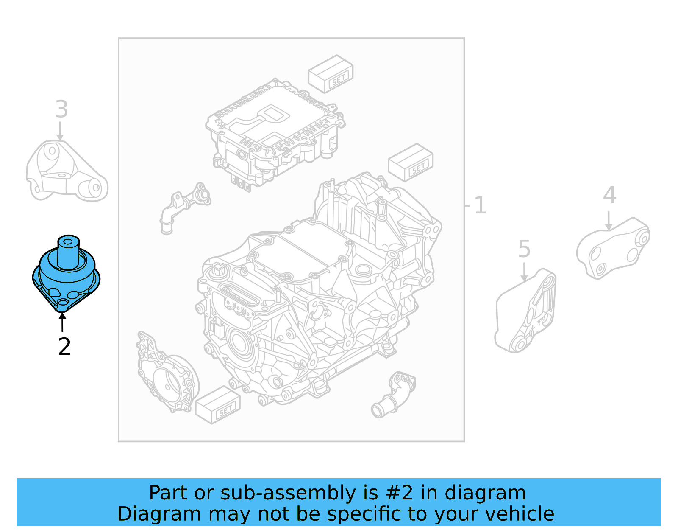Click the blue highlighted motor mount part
[x=66, y=276]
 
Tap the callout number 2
[x=64, y=347]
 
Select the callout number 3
[x=61, y=109]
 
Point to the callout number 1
[x=480, y=205]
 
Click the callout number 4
[x=609, y=195]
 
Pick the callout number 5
[x=524, y=249]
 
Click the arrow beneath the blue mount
[x=62, y=322]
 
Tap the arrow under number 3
[x=60, y=131]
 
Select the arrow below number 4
[x=609, y=221]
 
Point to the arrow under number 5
[x=524, y=272]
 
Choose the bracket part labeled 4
[x=612, y=248]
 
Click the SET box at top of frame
[x=331, y=74]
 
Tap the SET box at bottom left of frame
[x=217, y=405]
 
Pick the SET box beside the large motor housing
[x=411, y=163]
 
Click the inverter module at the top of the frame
[x=275, y=132]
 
